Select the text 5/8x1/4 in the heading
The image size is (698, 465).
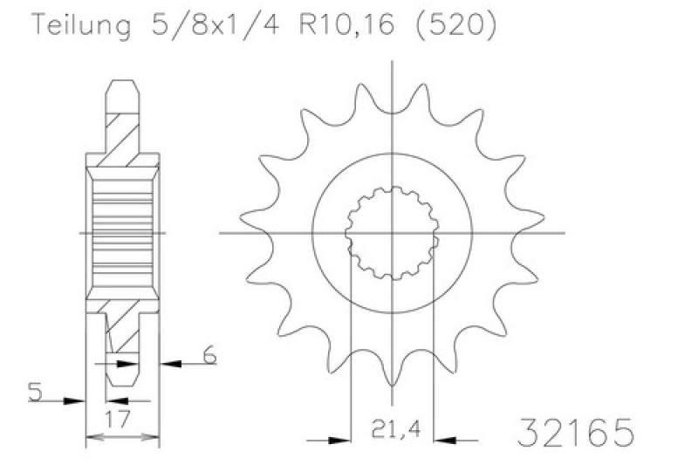coord(216,24)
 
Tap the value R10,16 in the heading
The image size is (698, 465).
coord(346,25)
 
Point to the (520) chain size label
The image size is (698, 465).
coord(455,25)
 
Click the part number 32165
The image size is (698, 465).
coord(576,432)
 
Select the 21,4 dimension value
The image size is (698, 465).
coord(396,429)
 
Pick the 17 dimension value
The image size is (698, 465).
coord(118,419)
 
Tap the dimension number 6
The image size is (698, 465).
coord(209,355)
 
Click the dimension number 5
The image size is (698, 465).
coord(35,392)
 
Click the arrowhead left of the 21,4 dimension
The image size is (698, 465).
coord(339,441)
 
